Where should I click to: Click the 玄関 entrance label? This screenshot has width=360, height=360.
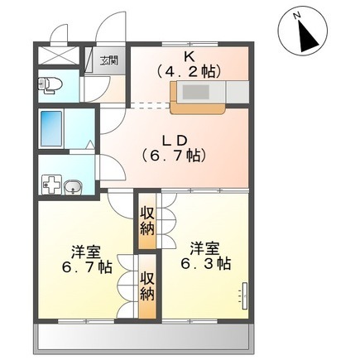(108, 60)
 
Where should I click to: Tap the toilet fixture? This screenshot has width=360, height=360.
(49, 84)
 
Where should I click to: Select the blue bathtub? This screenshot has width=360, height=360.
(51, 129)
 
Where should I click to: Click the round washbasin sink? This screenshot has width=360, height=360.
(73, 187)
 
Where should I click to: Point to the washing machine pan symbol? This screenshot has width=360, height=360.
(51, 184)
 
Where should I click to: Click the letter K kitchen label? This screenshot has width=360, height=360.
(190, 57)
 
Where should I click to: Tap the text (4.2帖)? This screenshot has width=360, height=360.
(190, 72)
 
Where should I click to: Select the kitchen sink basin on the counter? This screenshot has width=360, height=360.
(196, 92)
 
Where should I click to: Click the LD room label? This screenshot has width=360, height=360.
(175, 141)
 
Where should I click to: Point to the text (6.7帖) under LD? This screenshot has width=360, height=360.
(174, 156)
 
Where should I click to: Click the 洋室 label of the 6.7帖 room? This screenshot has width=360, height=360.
(86, 252)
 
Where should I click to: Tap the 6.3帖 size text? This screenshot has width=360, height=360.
(205, 264)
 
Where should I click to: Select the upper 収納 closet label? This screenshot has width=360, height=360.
(146, 221)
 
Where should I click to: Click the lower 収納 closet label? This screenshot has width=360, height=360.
(147, 287)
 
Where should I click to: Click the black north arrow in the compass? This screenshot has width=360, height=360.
(309, 36)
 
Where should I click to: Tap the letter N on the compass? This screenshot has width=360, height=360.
(297, 17)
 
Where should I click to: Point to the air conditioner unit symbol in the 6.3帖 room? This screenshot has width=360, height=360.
(244, 295)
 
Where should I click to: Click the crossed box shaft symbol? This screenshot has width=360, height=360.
(57, 55)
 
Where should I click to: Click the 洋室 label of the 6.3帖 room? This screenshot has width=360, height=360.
(204, 249)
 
